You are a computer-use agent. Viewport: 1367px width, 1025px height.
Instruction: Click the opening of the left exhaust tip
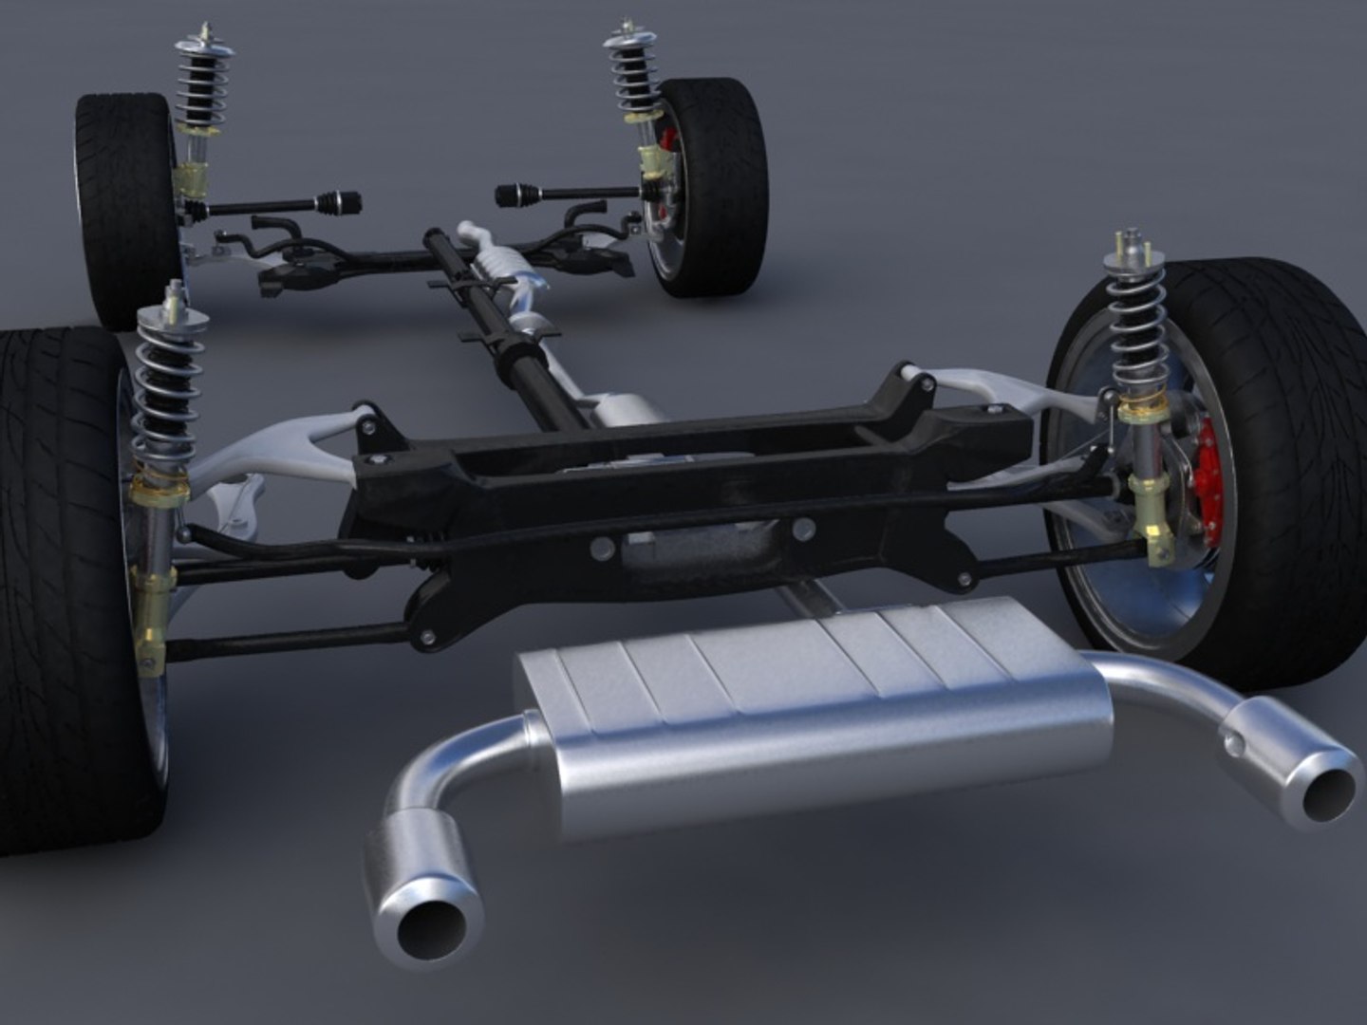431,924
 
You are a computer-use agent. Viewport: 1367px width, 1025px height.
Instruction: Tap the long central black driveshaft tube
503,323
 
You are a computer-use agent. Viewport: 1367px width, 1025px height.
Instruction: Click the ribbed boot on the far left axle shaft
336,201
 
